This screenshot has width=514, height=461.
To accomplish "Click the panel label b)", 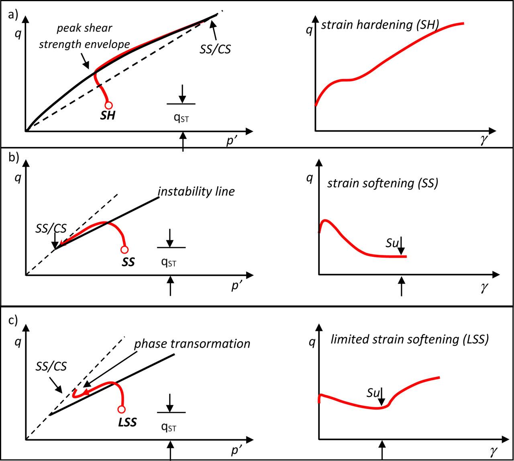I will (14, 158).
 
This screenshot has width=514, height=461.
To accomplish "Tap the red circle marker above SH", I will (108, 106).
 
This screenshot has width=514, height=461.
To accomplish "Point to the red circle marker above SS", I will (124, 250).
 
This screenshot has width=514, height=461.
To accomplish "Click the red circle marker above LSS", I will (121, 409).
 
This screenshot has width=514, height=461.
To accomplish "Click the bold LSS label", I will (128, 422).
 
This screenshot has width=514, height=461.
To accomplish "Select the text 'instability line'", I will (196, 191).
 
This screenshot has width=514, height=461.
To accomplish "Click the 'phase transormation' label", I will (192, 344).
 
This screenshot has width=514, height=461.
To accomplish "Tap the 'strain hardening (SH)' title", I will (380, 25).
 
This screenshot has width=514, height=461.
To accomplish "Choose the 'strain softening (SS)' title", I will (383, 183).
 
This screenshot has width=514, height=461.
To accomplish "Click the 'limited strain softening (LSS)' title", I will (410, 339).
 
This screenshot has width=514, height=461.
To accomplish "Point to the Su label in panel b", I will (392, 243).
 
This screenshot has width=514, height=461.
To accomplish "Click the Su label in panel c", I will (373, 393).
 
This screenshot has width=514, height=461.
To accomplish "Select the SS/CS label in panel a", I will (216, 49).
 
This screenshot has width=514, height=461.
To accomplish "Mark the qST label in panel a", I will (181, 117).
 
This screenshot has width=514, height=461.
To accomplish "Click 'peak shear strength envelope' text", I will (84, 36).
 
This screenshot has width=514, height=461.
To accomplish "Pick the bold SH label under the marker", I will (108, 116).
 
